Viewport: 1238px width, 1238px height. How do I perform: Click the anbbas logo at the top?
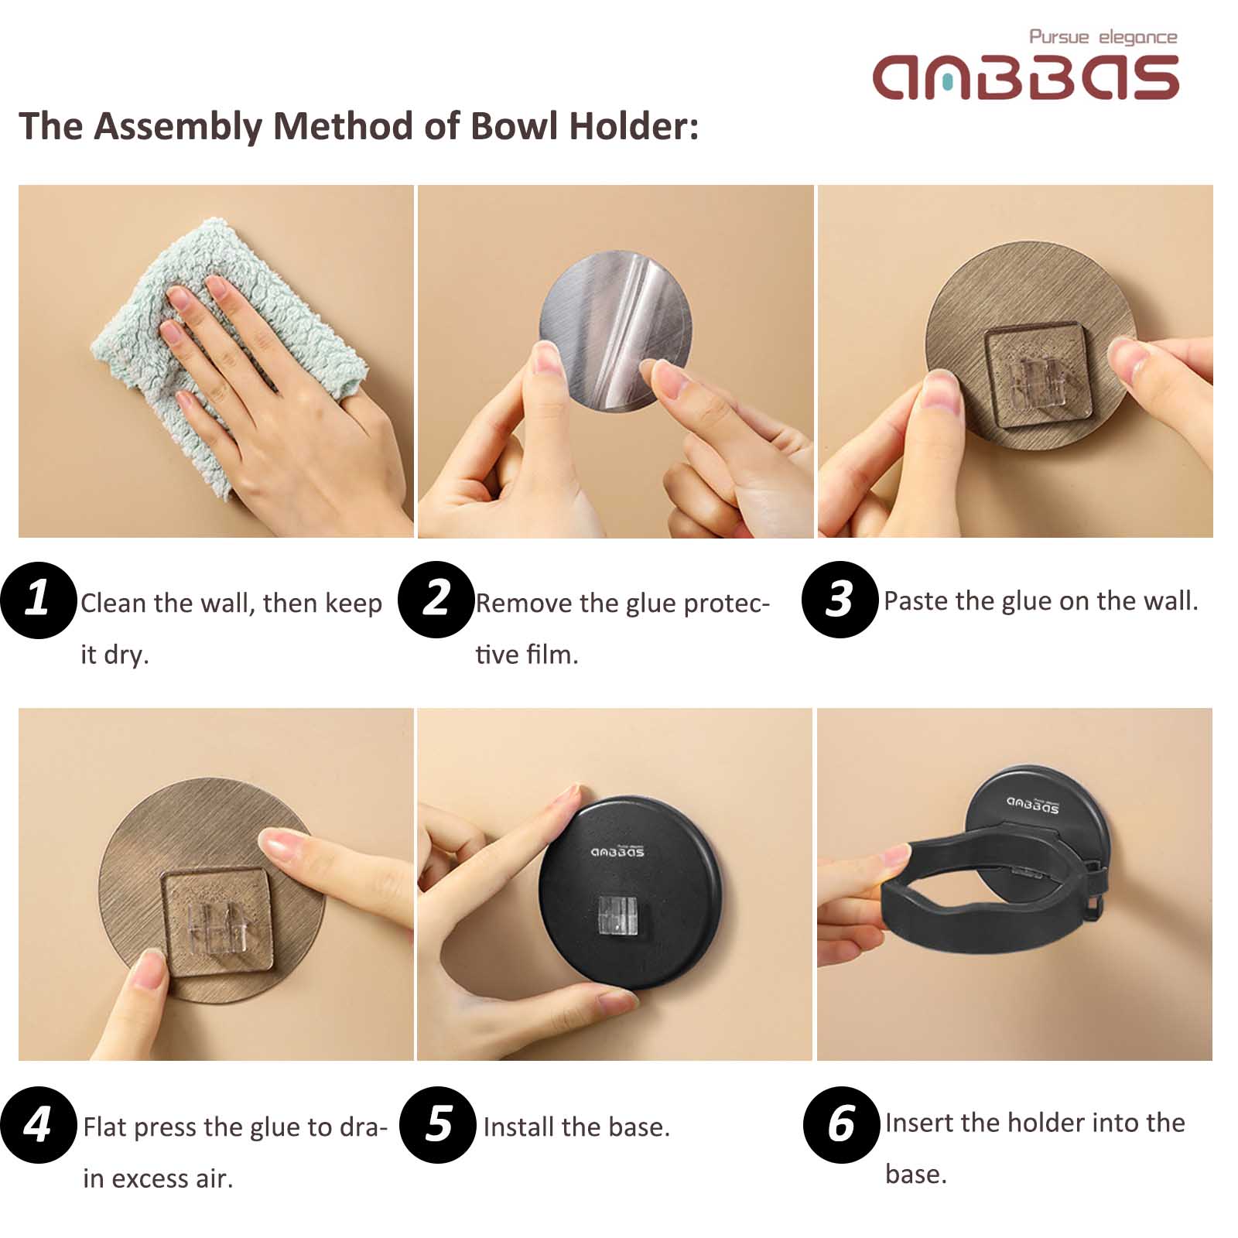1025,77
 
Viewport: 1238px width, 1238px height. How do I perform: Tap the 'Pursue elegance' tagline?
1103,37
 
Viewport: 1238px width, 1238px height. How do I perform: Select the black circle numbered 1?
39,600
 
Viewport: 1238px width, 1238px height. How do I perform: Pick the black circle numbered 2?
436,600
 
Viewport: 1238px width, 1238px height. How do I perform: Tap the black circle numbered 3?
840,600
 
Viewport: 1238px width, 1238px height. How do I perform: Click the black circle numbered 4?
39,1124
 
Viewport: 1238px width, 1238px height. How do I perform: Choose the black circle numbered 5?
438,1124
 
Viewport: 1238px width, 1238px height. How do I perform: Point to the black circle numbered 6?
842,1124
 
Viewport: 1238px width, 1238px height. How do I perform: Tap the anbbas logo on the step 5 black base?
617,852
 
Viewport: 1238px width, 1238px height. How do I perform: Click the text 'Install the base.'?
576,1127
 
